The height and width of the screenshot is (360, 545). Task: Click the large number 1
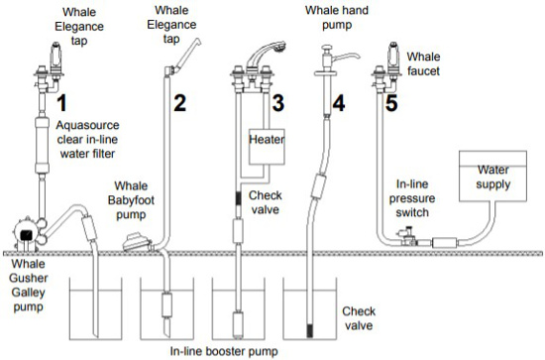click(61, 103)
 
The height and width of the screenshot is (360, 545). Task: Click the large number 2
click(179, 103)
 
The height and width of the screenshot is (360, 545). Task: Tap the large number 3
click(278, 103)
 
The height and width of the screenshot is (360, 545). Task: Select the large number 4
click(339, 103)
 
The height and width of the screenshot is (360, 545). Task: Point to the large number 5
click(391, 103)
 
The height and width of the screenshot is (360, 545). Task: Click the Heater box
click(267, 147)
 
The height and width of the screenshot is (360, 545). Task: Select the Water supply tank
click(492, 176)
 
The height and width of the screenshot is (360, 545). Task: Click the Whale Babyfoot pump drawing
click(138, 243)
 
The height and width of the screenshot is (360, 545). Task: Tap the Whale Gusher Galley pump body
click(26, 234)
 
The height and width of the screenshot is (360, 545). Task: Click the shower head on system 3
click(267, 53)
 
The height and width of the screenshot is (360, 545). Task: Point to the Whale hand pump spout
click(348, 56)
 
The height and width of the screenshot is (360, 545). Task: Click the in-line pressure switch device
click(407, 236)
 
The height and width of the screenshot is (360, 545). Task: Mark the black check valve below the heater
click(238, 198)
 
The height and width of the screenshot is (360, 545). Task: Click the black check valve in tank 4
click(309, 330)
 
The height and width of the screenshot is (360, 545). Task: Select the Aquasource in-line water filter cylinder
click(43, 145)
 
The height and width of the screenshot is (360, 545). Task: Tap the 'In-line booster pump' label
click(224, 351)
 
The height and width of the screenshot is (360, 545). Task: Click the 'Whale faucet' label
click(423, 63)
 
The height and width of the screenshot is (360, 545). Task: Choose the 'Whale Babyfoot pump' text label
click(131, 200)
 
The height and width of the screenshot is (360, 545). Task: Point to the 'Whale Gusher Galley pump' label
click(28, 286)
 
